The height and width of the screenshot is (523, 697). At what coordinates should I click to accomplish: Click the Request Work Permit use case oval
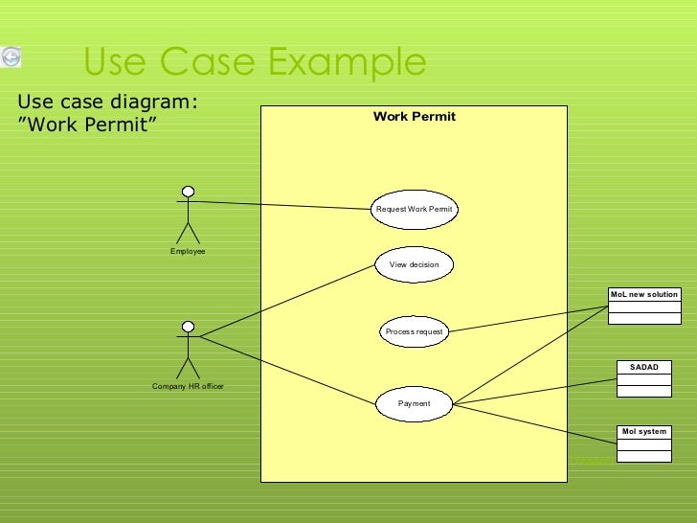pyautogui.click(x=414, y=209)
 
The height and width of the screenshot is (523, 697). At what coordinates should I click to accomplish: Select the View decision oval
pyautogui.click(x=414, y=264)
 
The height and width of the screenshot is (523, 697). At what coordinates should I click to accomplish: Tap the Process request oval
pyautogui.click(x=414, y=331)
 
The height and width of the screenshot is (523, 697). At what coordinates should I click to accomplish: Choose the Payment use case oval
pyautogui.click(x=414, y=403)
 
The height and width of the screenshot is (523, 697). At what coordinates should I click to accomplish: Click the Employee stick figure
pyautogui.click(x=188, y=215)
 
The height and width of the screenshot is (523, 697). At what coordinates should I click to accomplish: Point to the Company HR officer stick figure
pyautogui.click(x=188, y=350)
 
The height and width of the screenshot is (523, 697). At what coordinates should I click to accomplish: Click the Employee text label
pyautogui.click(x=188, y=251)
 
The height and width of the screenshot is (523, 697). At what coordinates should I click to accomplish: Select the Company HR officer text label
pyautogui.click(x=188, y=386)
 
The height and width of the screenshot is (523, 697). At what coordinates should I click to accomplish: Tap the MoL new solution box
pyautogui.click(x=643, y=307)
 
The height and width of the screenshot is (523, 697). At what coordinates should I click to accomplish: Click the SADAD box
pyautogui.click(x=643, y=378)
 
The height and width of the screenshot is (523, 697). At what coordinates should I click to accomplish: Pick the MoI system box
pyautogui.click(x=643, y=443)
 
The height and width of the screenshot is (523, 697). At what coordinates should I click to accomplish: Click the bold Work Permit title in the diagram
pyautogui.click(x=414, y=117)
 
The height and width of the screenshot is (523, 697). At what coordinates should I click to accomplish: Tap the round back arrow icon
pyautogui.click(x=11, y=57)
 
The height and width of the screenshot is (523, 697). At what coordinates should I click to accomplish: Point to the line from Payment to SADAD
pyautogui.click(x=536, y=391)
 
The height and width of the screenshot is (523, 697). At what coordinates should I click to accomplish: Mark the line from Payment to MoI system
pyautogui.click(x=536, y=422)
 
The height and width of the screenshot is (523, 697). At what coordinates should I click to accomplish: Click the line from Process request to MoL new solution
pyautogui.click(x=527, y=320)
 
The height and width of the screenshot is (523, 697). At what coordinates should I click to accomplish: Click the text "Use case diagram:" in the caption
pyautogui.click(x=108, y=102)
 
